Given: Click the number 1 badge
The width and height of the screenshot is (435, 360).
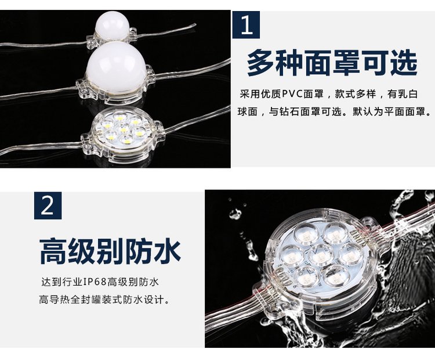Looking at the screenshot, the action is tap(246, 25).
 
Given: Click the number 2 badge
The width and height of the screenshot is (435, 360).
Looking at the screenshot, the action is tap(48, 206).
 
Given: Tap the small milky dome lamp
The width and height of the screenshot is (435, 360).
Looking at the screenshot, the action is tap(113, 28).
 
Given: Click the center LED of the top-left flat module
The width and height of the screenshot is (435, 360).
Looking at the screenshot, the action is tap(123, 129).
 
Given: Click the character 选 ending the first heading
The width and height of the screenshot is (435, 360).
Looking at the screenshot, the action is tap(404, 63).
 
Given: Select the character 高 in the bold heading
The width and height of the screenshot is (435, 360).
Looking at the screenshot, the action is tap(53, 251).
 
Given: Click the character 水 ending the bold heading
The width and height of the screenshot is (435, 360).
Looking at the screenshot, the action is tap(167, 251).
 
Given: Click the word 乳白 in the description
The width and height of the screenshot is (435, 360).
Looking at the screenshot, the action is tap(407, 94).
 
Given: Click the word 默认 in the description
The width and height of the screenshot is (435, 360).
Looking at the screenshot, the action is tap(363, 112).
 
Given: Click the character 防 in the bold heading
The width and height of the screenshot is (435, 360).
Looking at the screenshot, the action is tap(139, 251).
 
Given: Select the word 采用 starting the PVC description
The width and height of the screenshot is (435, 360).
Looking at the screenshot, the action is tap(250, 94).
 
